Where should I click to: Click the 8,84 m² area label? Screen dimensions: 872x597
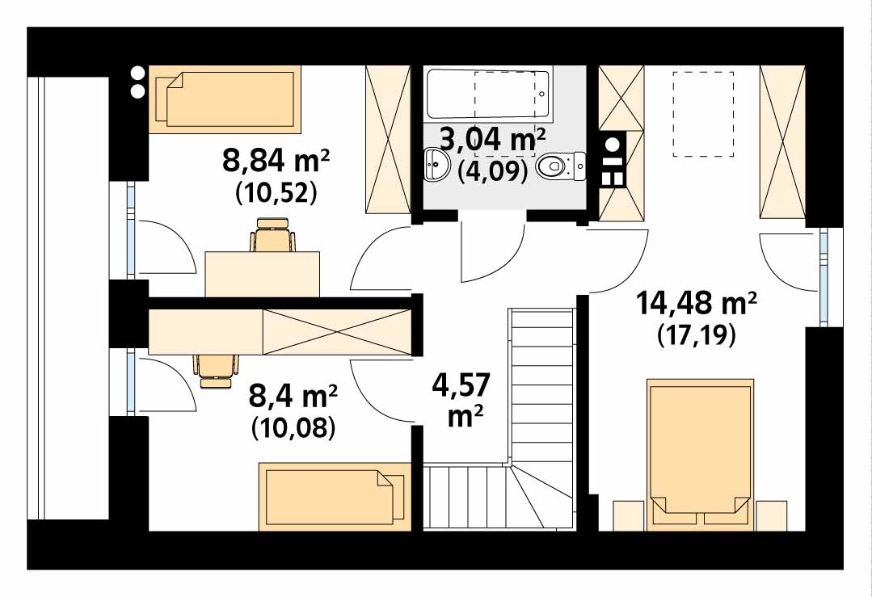tap(276, 162)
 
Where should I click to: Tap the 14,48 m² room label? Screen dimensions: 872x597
tap(696, 304)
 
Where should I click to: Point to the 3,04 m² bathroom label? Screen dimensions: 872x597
tap(493, 140)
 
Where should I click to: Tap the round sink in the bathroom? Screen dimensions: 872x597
tap(438, 165)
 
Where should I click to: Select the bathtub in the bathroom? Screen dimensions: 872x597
tap(488, 94)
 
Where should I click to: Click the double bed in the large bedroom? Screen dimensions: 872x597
tap(701, 452)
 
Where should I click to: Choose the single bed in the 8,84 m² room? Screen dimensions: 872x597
tap(225, 99)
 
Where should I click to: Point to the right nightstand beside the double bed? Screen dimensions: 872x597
tap(772, 515)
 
